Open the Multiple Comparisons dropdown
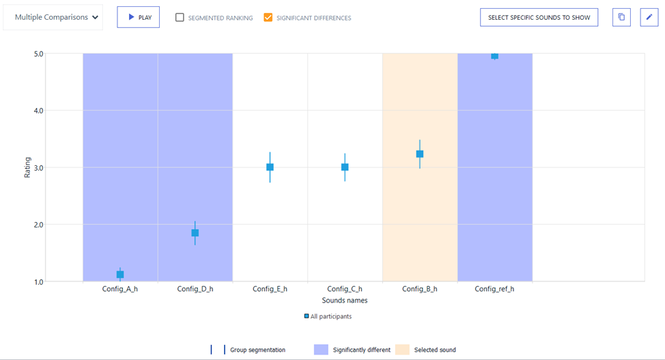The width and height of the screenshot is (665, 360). pyautogui.click(x=53, y=18)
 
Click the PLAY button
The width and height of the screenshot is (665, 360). pyautogui.click(x=139, y=18)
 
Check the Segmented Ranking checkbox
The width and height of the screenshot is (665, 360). pyautogui.click(x=180, y=18)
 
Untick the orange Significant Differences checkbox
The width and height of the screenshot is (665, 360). pyautogui.click(x=268, y=18)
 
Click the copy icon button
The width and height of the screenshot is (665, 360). pyautogui.click(x=621, y=18)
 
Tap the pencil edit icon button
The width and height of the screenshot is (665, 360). pyautogui.click(x=649, y=18)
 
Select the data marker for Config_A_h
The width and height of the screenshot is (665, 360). pyautogui.click(x=120, y=275)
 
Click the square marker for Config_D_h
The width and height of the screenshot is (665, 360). pyautogui.click(x=195, y=233)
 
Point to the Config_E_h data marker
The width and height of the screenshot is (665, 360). pyautogui.click(x=270, y=167)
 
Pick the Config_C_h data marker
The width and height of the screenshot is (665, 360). pyautogui.click(x=345, y=167)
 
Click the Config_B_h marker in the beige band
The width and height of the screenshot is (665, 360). pyautogui.click(x=420, y=154)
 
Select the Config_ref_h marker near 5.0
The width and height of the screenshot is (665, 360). pyautogui.click(x=494, y=55)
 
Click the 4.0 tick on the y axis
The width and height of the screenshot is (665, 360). pyautogui.click(x=38, y=111)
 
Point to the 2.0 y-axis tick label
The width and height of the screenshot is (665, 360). pyautogui.click(x=38, y=225)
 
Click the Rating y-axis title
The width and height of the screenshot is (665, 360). pyautogui.click(x=28, y=167)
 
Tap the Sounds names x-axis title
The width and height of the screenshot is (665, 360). pyautogui.click(x=345, y=301)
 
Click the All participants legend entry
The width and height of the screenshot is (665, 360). pyautogui.click(x=328, y=317)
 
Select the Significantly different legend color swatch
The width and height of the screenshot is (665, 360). pyautogui.click(x=321, y=350)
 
